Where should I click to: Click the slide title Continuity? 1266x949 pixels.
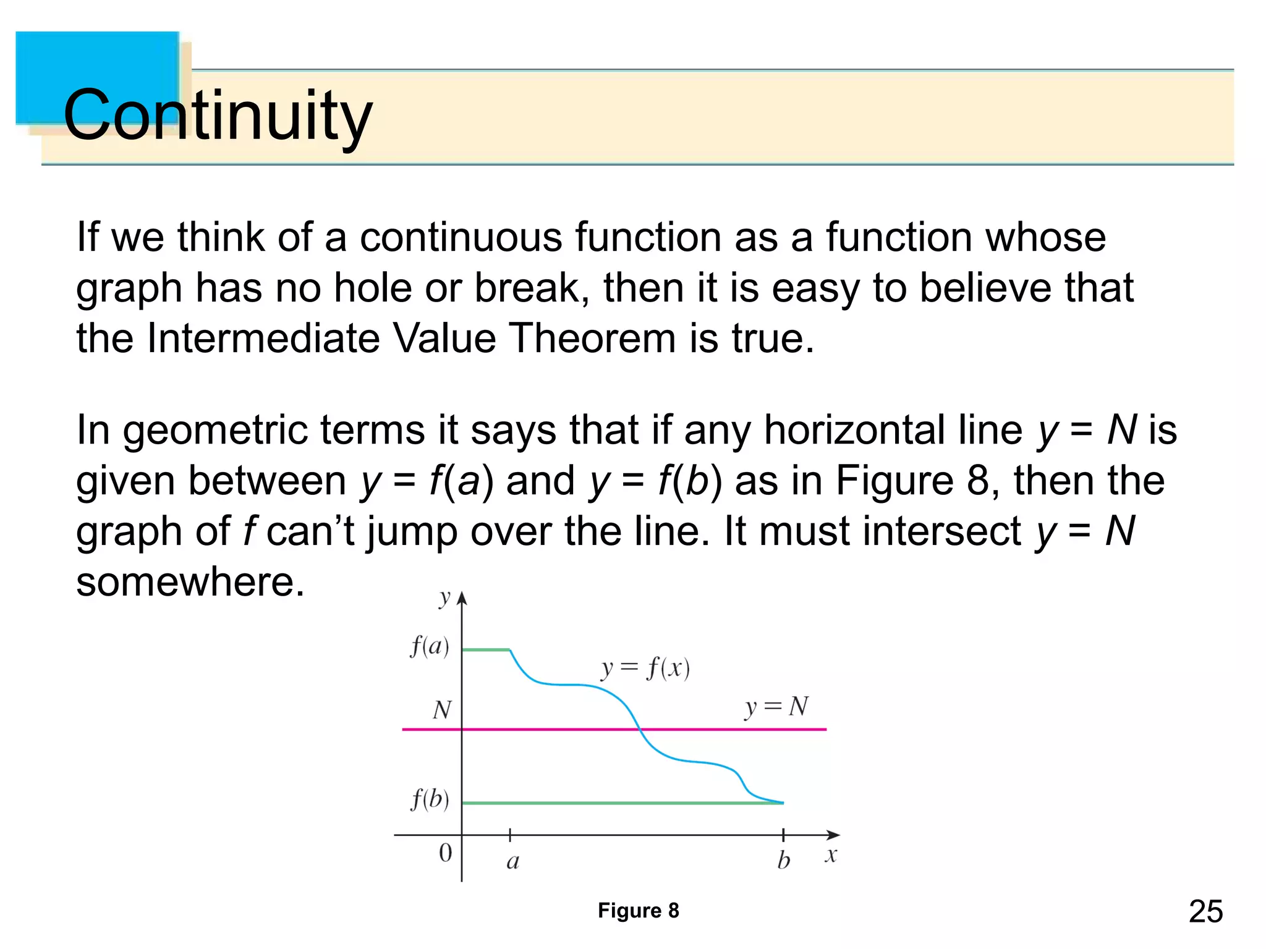coord(218,115)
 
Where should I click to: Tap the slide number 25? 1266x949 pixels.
coord(1205,911)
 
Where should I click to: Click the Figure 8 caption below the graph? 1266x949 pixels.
coord(638,910)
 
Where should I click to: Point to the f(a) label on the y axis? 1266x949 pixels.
coord(430,646)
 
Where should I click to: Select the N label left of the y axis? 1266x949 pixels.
coord(441,710)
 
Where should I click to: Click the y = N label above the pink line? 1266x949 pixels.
coord(776,707)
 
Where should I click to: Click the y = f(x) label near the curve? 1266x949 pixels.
coord(645,669)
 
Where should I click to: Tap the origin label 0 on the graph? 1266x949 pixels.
coord(445,853)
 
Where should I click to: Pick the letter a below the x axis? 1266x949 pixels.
coord(512,861)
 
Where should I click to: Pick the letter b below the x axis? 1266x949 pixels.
coord(783,860)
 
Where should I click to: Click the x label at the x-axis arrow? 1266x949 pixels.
coord(831,856)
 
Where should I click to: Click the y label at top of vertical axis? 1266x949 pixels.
coord(444,597)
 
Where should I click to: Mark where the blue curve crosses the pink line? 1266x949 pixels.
coord(640,729)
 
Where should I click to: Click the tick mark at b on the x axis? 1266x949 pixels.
coord(783,835)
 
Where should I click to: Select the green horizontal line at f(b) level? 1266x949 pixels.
coord(618,803)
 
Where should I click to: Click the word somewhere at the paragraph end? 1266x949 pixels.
coord(190,581)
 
